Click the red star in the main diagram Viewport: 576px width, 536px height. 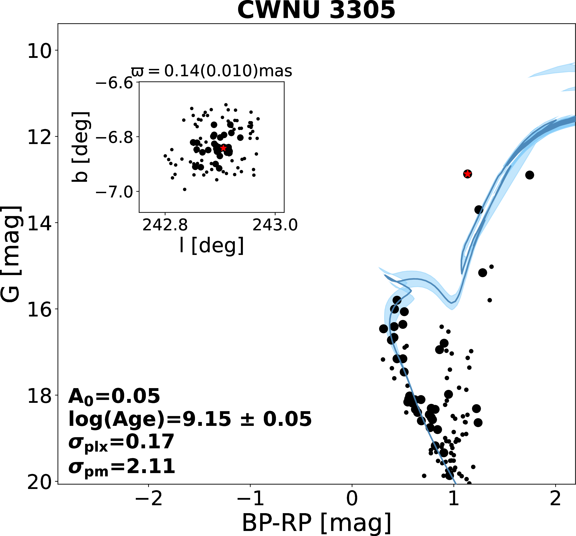coord(467,174)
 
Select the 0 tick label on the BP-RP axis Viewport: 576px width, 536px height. coord(352,499)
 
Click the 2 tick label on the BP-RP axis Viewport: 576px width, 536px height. coord(555,499)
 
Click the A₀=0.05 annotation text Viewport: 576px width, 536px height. coord(114,396)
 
